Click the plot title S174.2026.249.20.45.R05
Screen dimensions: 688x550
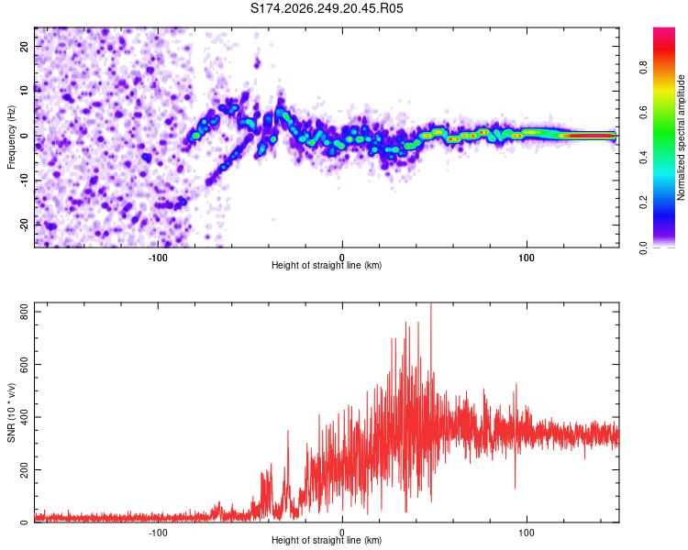[x=327, y=8]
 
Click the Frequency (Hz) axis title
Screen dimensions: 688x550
[x=11, y=137]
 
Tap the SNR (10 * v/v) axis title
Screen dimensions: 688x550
[x=11, y=412]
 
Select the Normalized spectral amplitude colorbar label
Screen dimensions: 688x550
[x=681, y=137]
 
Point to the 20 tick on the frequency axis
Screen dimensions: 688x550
[x=24, y=47]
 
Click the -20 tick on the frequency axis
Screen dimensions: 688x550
[x=24, y=225]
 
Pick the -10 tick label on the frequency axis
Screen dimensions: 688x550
[x=24, y=181]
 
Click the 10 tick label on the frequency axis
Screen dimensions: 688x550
[x=24, y=92]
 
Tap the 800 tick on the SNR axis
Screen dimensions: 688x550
[x=24, y=312]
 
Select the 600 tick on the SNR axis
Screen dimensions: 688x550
[x=24, y=365]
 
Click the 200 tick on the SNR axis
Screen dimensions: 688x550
[x=24, y=469]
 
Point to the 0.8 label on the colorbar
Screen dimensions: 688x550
[x=643, y=68]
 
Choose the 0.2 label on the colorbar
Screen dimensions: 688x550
[x=643, y=203]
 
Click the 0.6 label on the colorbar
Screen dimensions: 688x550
[x=643, y=112]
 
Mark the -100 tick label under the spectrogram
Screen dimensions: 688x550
[x=158, y=258]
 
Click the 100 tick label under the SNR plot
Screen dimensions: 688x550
[x=527, y=533]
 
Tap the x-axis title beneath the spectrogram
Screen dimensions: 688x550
[x=327, y=265]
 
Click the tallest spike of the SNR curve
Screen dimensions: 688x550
[x=431, y=304]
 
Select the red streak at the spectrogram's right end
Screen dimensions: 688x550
[x=588, y=136]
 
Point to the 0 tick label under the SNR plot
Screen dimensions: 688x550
[x=342, y=533]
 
